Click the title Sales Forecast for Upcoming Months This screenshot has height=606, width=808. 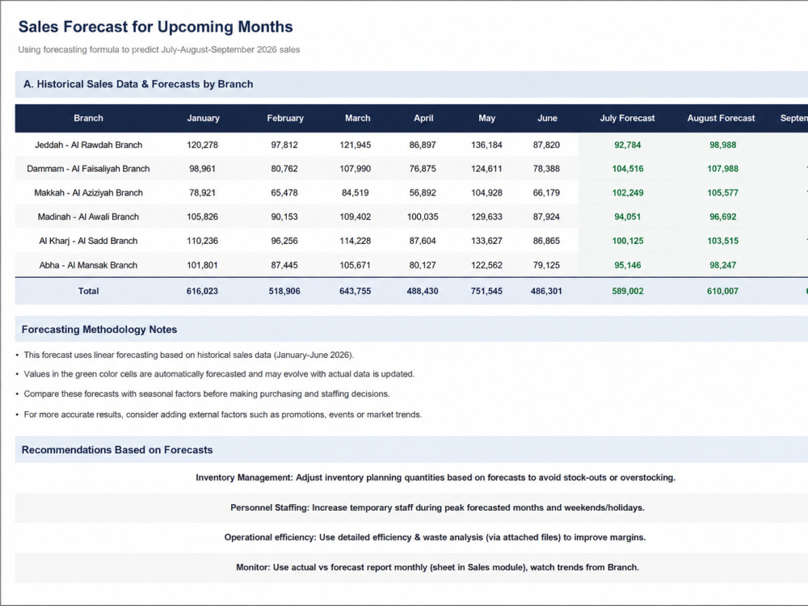[156, 27]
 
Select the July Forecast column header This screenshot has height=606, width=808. [627, 118]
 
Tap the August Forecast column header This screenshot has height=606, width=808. [721, 118]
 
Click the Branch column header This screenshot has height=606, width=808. [88, 118]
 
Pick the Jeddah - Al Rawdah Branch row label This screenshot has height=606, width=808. [88, 145]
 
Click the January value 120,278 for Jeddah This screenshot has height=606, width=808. [203, 145]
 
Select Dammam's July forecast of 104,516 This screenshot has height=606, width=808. [628, 169]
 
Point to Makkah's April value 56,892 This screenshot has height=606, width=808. [423, 193]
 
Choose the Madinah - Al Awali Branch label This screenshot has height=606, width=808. [88, 217]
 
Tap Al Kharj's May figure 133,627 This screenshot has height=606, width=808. [486, 241]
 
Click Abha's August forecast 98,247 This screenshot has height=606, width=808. [723, 265]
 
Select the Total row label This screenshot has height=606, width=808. [88, 291]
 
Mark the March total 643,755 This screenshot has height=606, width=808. [355, 291]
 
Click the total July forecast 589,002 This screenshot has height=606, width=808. [628, 291]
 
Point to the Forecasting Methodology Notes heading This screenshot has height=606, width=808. [99, 330]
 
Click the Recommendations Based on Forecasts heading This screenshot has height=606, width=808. [117, 450]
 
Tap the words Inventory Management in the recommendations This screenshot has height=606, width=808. [243, 478]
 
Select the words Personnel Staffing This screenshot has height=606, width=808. [269, 507]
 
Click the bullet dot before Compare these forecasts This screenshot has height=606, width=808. [17, 394]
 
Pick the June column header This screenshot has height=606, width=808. [547, 118]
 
